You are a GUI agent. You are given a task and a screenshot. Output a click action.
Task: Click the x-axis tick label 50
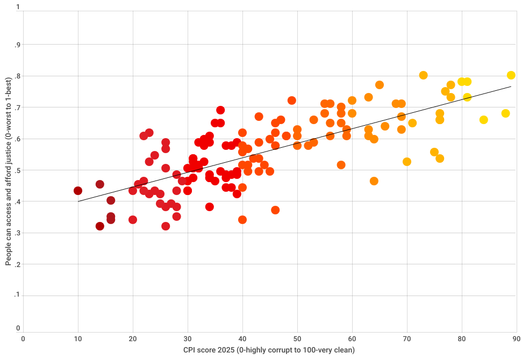coord(297,339)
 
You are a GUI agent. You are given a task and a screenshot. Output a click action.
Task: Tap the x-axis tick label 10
coord(78,339)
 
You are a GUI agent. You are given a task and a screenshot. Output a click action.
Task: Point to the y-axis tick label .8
coord(17,76)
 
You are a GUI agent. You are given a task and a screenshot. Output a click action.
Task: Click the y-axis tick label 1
coord(18,8)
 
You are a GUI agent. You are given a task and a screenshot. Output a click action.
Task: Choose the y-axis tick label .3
coord(17,233)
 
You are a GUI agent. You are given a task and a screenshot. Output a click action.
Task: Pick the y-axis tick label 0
coord(18,328)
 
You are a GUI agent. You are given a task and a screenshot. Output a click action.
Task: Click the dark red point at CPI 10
coord(78,191)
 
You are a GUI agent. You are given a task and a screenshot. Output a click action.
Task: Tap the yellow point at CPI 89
coord(511,75)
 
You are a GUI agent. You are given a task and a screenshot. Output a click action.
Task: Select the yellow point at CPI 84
coord(484,120)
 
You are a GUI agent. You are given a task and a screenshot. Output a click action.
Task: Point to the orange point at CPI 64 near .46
coord(374,181)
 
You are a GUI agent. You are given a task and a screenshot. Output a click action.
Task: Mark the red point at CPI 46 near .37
coord(275,210)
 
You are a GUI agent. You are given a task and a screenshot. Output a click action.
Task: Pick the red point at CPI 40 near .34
coord(242,220)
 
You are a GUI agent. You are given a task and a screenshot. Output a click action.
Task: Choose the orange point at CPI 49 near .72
coord(292,100)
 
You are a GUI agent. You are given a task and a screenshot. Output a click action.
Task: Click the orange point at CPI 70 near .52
coord(407,162)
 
